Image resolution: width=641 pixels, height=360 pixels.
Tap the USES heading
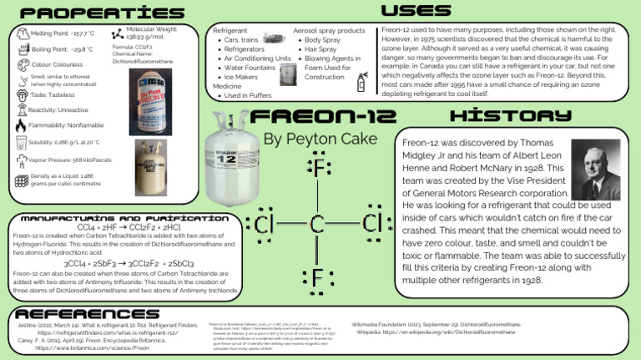416,11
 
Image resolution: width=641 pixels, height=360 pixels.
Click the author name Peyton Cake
320,138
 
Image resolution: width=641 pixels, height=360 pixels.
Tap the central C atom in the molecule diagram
317,224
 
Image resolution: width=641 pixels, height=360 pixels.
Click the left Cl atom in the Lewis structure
265,224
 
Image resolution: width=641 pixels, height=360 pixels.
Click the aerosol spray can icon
361,81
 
